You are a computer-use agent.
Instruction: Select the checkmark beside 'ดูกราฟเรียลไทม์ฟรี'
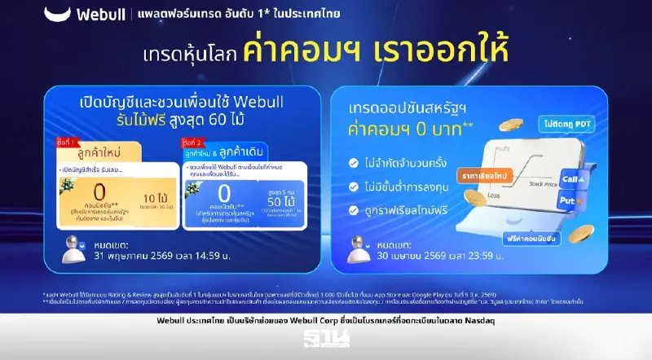coord(353,210)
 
